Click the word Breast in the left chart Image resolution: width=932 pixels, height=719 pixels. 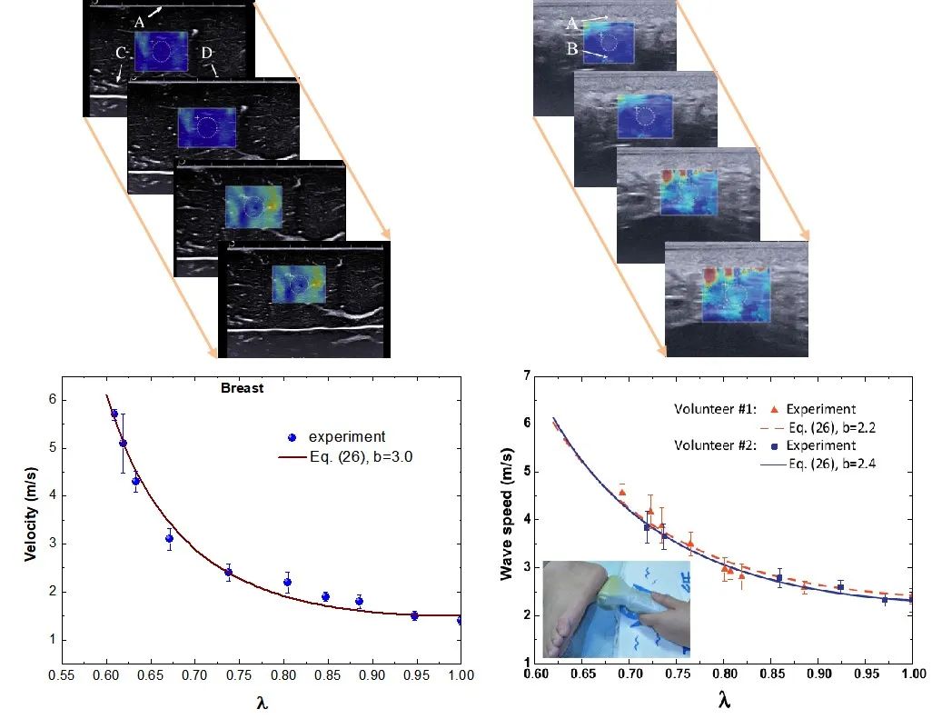[x=242, y=388]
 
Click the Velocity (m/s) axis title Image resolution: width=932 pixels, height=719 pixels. [x=30, y=514]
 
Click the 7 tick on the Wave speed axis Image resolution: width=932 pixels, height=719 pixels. [x=527, y=374]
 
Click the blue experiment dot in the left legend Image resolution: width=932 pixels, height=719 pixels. [x=292, y=437]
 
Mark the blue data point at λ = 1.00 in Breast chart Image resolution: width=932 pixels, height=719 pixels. [x=461, y=620]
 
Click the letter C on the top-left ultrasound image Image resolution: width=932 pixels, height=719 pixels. [x=120, y=54]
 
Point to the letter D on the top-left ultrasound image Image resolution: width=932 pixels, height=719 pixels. [x=206, y=55]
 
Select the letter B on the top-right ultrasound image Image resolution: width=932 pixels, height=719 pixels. [x=572, y=49]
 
